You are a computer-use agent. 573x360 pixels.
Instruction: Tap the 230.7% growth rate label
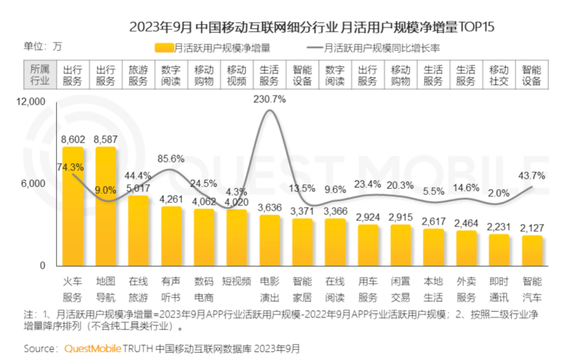[269, 99]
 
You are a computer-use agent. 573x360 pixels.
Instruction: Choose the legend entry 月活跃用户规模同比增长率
[373, 48]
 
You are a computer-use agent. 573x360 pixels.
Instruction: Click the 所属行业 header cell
[40, 76]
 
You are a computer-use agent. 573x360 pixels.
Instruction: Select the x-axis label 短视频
[237, 282]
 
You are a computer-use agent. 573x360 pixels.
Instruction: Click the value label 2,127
[531, 228]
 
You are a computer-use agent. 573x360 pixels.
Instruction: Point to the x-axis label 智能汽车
[532, 289]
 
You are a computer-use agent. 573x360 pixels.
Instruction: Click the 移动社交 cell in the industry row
[499, 76]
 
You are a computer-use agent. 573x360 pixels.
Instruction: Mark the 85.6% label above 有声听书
[171, 159]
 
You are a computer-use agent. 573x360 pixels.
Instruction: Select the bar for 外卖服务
[467, 248]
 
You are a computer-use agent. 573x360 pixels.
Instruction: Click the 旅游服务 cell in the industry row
[138, 76]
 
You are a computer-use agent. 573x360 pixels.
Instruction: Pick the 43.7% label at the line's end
[531, 176]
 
